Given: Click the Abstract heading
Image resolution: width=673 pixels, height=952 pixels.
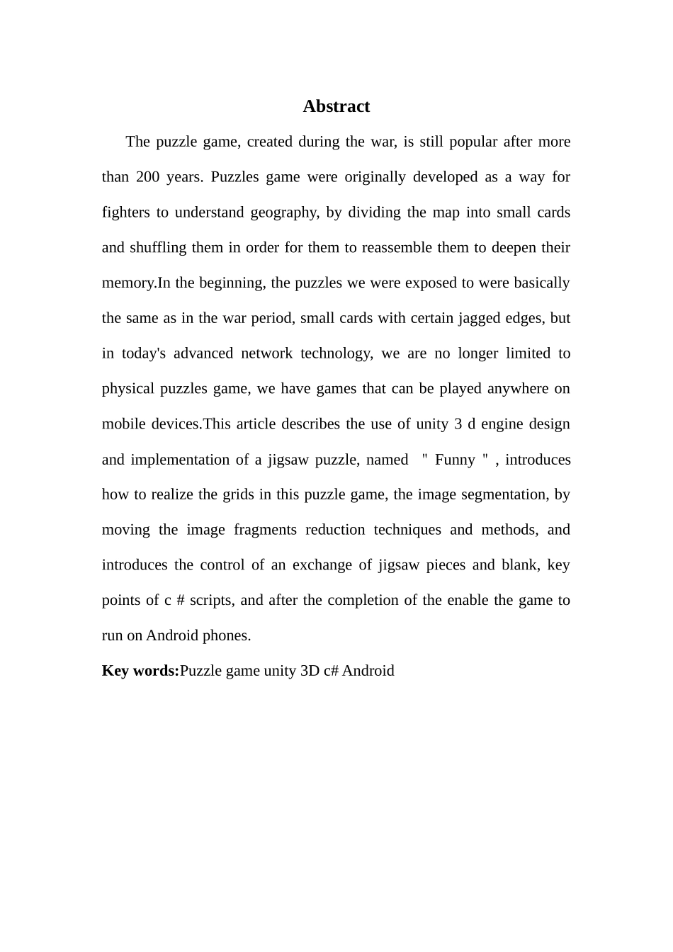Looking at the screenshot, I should [336, 106].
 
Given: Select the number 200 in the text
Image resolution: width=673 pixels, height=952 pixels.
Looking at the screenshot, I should [147, 177].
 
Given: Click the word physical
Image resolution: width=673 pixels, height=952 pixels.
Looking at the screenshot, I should [128, 389].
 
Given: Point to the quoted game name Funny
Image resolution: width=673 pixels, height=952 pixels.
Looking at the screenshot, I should [455, 460].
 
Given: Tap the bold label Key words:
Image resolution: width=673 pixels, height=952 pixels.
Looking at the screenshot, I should [140, 671].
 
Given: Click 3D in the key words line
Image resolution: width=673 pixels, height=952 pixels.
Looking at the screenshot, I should [310, 671].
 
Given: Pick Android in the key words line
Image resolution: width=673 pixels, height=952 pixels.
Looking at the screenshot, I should [368, 671].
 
